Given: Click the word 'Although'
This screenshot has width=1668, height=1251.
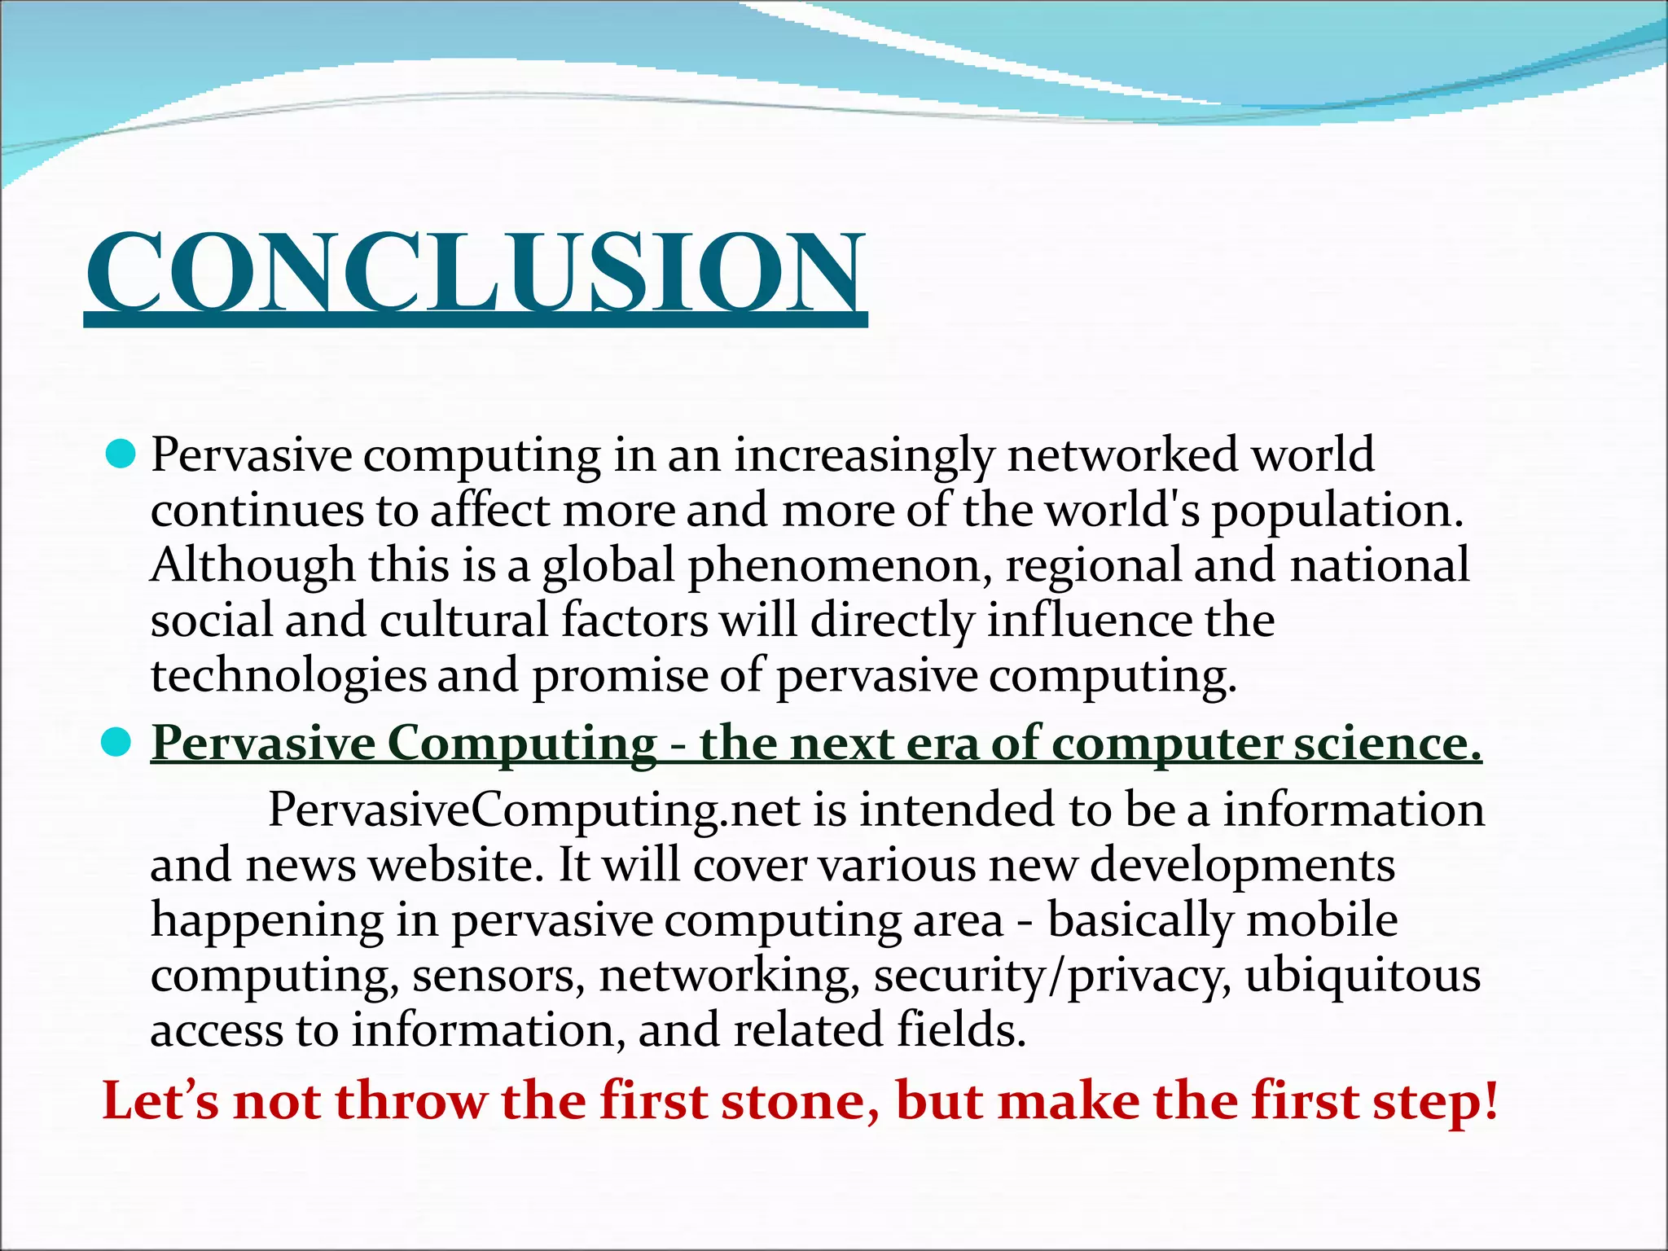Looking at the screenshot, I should tap(253, 564).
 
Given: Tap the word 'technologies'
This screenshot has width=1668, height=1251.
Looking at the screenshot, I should tap(288, 676).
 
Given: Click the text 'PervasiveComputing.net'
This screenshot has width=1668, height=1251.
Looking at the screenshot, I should tap(534, 810).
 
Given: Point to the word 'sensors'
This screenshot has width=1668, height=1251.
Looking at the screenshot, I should tap(498, 976).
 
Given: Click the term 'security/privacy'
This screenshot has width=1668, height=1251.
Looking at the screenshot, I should tap(1051, 976).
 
